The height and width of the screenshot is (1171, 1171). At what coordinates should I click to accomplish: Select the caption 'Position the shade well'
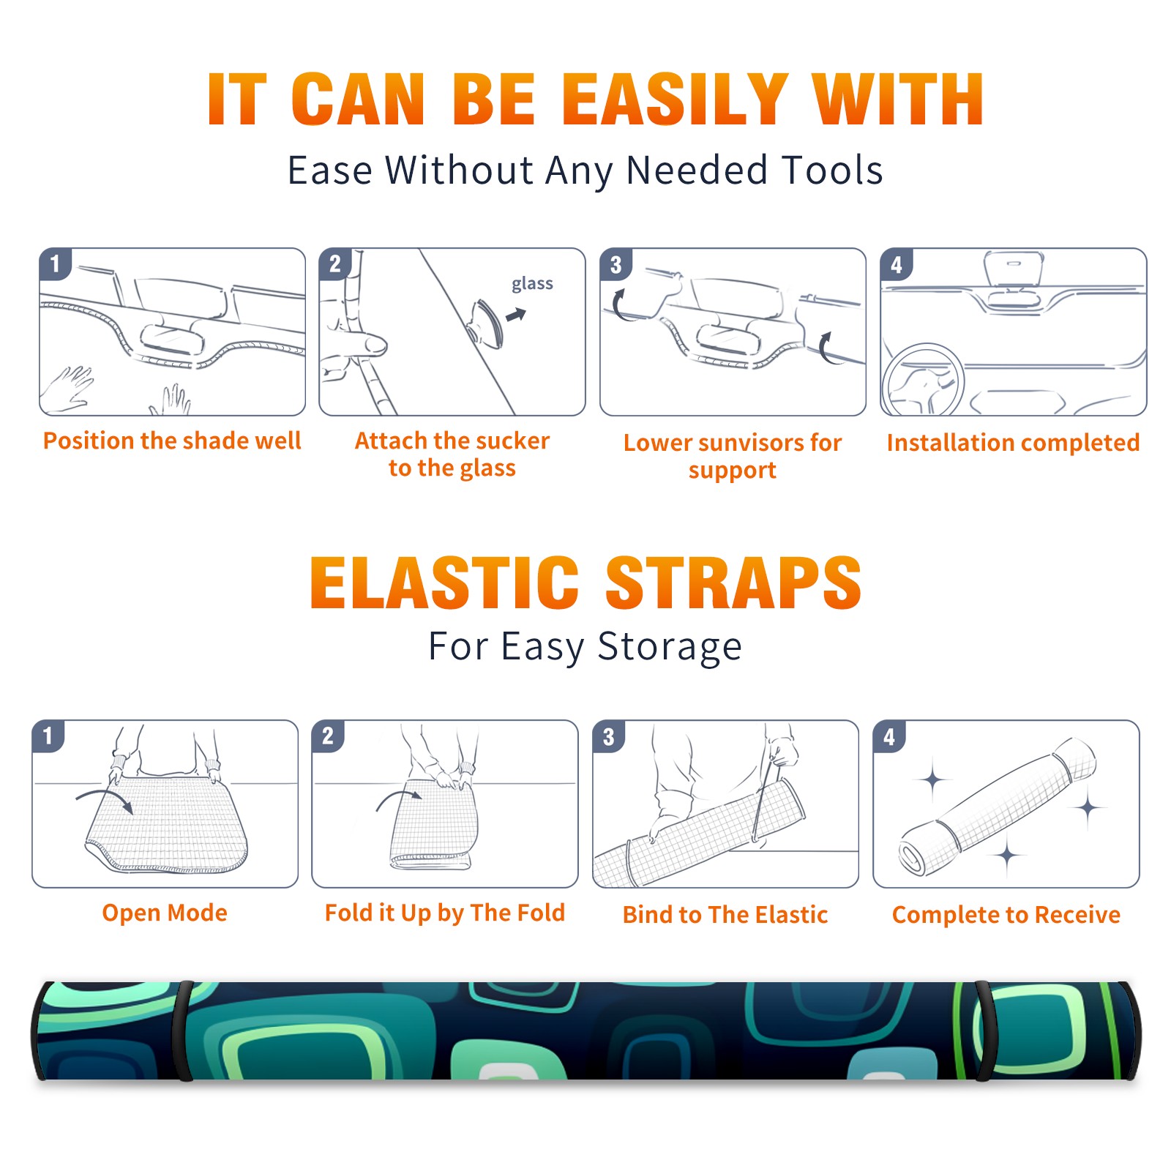[x=172, y=441]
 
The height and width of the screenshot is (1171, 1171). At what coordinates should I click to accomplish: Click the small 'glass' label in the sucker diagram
[x=532, y=284]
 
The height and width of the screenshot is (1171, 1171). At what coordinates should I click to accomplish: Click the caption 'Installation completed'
[x=1013, y=443]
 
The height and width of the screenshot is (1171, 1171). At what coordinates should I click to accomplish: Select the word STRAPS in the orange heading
[x=733, y=583]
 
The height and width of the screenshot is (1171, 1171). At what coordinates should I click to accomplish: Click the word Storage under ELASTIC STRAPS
[x=670, y=647]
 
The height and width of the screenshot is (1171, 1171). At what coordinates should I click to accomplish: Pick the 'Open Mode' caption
[x=165, y=913]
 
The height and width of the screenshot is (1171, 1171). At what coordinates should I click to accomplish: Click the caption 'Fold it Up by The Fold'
[x=445, y=913]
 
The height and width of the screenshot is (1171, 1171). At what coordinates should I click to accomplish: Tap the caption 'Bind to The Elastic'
[x=725, y=915]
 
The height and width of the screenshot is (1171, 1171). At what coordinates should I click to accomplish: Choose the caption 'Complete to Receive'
[x=1006, y=915]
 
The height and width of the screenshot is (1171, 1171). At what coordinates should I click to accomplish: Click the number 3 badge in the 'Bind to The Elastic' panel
[x=609, y=736]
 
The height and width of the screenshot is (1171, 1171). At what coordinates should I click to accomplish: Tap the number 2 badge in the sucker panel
[x=335, y=264]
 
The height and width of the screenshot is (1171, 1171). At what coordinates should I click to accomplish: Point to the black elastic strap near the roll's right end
[x=982, y=1031]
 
